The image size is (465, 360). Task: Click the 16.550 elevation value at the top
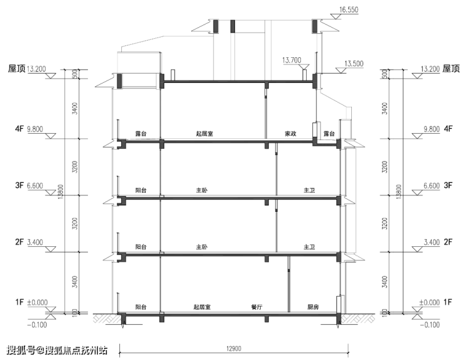click(x=349, y=9)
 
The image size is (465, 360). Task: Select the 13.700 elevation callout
click(x=292, y=60)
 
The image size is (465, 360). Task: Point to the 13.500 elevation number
click(x=354, y=63)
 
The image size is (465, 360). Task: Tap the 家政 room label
click(x=290, y=134)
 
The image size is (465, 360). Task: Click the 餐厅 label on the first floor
click(x=256, y=307)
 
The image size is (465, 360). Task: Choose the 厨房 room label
click(x=313, y=307)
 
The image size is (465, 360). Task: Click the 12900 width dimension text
click(x=234, y=349)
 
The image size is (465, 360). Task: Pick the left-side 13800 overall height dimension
click(x=61, y=192)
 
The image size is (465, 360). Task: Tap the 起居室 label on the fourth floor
click(x=204, y=134)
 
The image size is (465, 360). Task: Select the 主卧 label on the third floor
click(x=202, y=190)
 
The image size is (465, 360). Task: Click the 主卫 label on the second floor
click(x=309, y=247)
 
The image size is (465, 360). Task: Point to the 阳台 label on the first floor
click(x=141, y=307)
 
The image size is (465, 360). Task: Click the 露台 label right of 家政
click(x=329, y=134)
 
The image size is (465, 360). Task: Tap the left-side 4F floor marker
click(x=19, y=129)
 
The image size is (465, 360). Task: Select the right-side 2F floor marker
click(x=448, y=242)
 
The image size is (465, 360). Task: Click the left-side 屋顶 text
click(x=16, y=69)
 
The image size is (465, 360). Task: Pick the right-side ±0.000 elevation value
click(x=429, y=302)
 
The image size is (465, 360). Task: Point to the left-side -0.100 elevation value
click(x=37, y=325)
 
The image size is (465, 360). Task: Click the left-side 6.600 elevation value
click(x=35, y=185)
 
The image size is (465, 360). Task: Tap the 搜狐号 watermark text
click(x=21, y=351)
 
